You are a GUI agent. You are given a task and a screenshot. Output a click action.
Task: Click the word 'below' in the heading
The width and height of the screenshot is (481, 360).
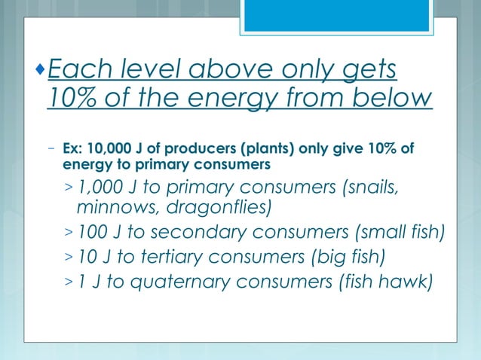pos(393,99)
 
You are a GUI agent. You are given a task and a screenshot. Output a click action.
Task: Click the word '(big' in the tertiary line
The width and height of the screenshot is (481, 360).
pos(318,258)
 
